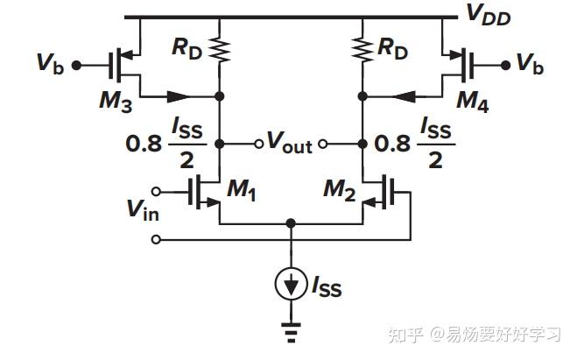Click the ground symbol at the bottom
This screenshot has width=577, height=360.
(291, 332)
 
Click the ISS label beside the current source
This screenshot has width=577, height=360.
(325, 287)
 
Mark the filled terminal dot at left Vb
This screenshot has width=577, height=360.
(77, 64)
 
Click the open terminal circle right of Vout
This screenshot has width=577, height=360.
(321, 144)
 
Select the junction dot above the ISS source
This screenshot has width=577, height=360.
(291, 224)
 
